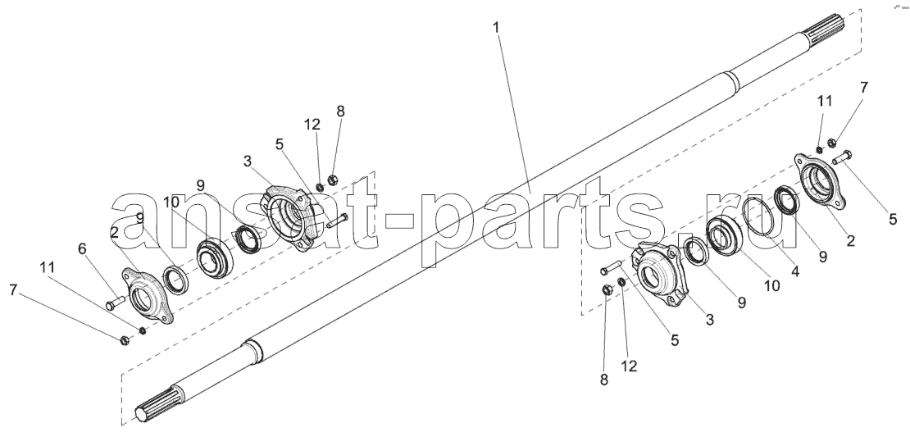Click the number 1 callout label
(x=496, y=27)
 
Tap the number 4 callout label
(x=795, y=271)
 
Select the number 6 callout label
(x=83, y=249)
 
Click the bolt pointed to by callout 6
(x=116, y=303)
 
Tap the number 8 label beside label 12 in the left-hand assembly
(x=341, y=112)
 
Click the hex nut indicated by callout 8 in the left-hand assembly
(x=333, y=180)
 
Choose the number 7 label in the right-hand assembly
(x=864, y=88)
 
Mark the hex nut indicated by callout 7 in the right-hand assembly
(x=831, y=141)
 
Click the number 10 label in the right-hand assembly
(x=772, y=285)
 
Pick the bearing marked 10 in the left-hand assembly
(x=215, y=257)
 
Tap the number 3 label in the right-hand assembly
(x=710, y=319)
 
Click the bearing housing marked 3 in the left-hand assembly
(x=289, y=217)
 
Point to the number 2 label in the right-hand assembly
(x=851, y=239)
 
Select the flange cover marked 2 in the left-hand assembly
(x=148, y=295)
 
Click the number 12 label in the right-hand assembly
(x=629, y=366)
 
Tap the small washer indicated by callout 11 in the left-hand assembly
(x=142, y=330)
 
